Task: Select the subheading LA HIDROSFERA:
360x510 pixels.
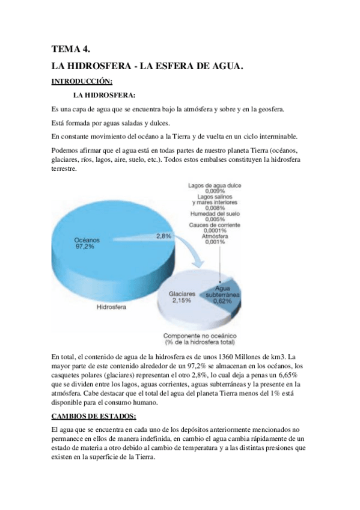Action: (104, 95)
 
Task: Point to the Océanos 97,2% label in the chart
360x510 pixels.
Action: (87, 242)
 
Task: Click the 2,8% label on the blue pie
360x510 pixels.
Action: (164, 236)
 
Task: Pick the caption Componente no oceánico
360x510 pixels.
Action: (201, 337)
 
